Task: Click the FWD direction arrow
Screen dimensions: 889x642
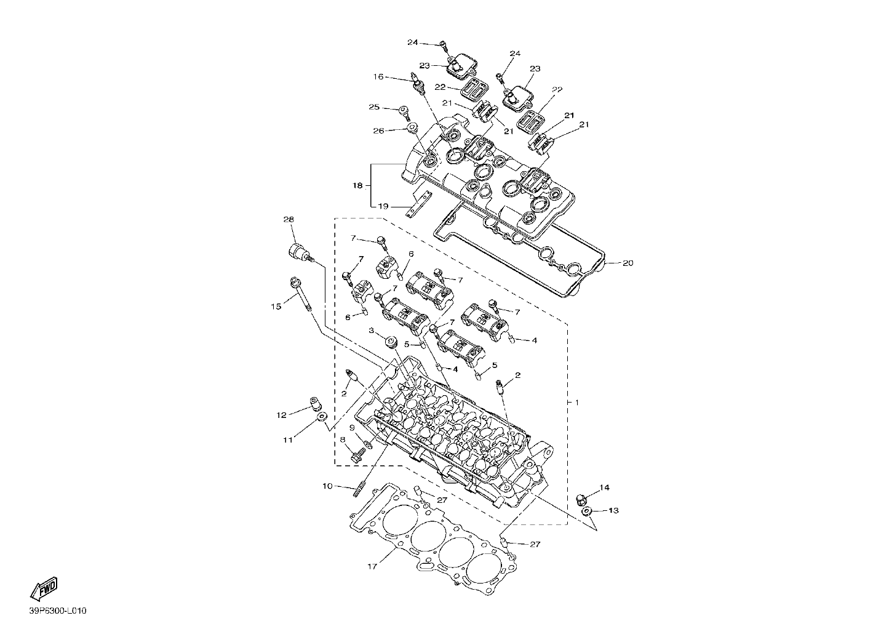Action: click(44, 588)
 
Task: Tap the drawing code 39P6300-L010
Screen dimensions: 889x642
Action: click(58, 611)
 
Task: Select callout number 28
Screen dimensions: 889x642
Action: click(289, 219)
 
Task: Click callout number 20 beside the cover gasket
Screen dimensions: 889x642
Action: click(628, 263)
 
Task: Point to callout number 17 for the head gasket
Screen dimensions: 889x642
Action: click(372, 566)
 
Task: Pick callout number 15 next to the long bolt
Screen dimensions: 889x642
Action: click(276, 307)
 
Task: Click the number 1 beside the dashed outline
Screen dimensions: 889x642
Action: click(576, 403)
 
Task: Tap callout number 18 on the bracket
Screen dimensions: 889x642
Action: click(357, 185)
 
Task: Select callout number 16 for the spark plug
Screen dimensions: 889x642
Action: click(378, 76)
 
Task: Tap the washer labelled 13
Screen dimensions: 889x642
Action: click(586, 512)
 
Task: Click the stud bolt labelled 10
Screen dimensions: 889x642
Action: click(359, 490)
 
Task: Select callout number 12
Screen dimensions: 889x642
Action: click(281, 415)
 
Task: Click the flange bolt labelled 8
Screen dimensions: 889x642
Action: click(359, 456)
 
